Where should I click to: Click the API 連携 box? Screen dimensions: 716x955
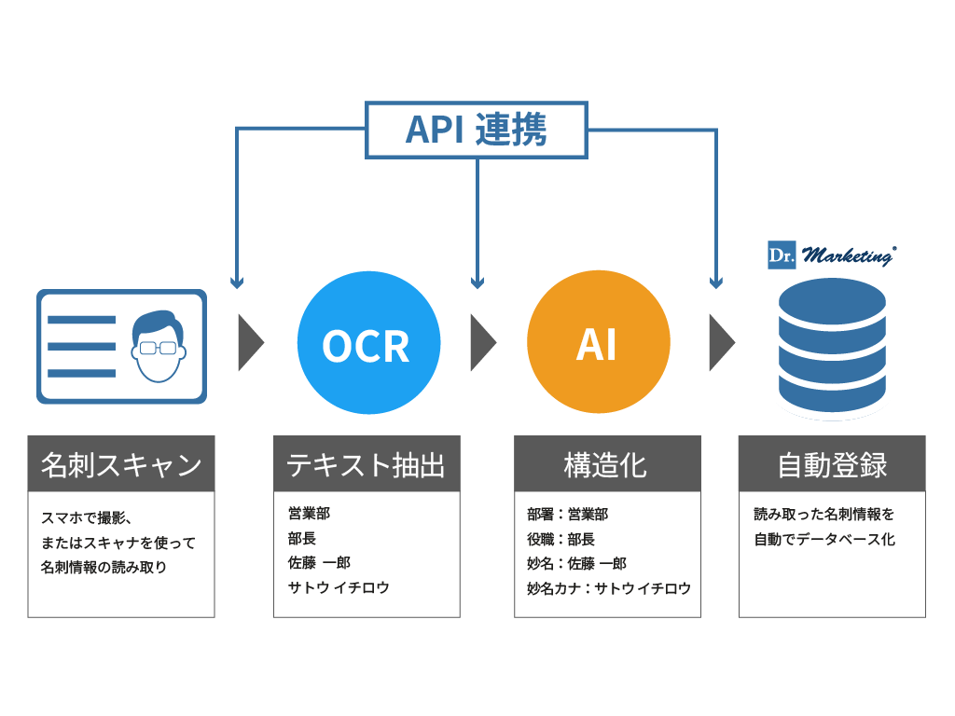tap(476, 130)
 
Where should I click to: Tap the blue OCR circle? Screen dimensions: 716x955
tap(366, 344)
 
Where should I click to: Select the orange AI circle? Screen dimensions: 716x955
tap(598, 344)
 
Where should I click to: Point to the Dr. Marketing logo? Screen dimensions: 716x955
tap(830, 255)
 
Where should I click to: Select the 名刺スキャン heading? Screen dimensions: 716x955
tap(121, 464)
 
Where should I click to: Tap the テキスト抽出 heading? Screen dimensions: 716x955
tap(367, 464)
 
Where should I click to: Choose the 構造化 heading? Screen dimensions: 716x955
tap(607, 464)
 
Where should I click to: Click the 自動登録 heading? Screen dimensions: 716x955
tap(832, 464)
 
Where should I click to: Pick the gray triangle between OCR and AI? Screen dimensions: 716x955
tap(481, 343)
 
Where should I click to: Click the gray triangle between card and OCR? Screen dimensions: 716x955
tap(250, 343)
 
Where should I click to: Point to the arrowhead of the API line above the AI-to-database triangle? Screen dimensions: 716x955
tap(716, 282)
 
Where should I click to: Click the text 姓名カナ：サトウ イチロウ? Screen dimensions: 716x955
tap(609, 588)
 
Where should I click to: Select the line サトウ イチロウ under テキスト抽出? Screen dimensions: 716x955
tap(339, 588)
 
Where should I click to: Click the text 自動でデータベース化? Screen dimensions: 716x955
tap(824, 539)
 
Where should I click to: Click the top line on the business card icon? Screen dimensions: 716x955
tap(81, 319)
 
